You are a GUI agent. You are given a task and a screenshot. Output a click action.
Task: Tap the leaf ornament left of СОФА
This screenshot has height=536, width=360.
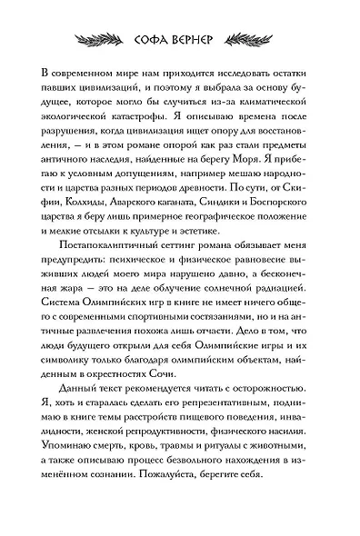click(95, 40)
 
